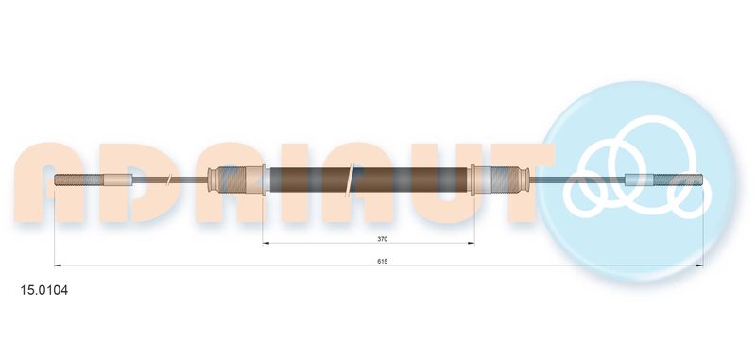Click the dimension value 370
(x=383, y=239)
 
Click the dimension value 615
(x=383, y=261)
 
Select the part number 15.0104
(x=43, y=291)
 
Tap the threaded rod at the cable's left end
(x=78, y=180)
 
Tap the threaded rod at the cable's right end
(x=678, y=180)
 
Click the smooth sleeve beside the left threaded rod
(x=118, y=180)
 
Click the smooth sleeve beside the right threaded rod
(x=639, y=180)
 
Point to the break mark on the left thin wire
(x=169, y=180)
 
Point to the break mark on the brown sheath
(x=350, y=180)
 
